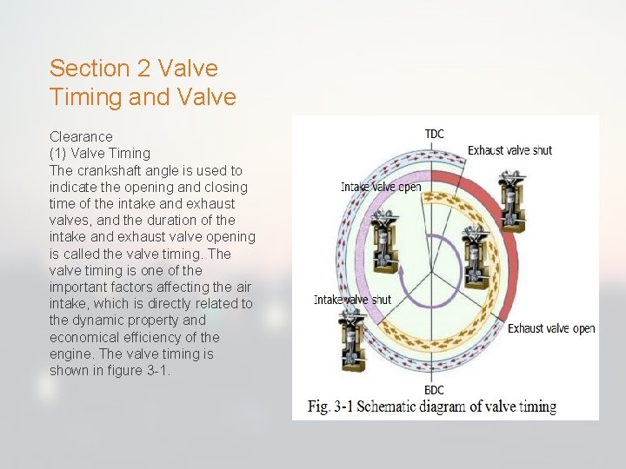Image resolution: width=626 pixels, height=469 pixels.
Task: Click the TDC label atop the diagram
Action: pyautogui.click(x=434, y=134)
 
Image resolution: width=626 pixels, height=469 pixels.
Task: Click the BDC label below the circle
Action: pyautogui.click(x=434, y=390)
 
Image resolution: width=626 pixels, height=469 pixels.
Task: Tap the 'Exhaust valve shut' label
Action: pyautogui.click(x=509, y=150)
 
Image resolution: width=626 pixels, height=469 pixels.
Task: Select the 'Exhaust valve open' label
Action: pyautogui.click(x=551, y=328)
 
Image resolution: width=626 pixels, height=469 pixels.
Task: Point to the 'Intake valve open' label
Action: pyautogui.click(x=381, y=187)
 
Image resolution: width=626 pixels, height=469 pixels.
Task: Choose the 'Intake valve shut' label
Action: pyautogui.click(x=352, y=300)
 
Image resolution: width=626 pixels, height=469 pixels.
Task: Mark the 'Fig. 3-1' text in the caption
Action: pyautogui.click(x=331, y=406)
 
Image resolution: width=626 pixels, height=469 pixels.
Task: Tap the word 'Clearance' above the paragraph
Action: pyautogui.click(x=81, y=136)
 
